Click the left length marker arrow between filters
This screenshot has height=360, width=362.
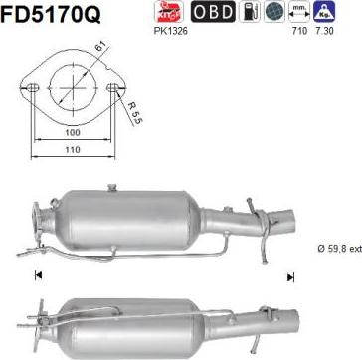[39, 248]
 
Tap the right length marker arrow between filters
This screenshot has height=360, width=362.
[290, 248]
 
